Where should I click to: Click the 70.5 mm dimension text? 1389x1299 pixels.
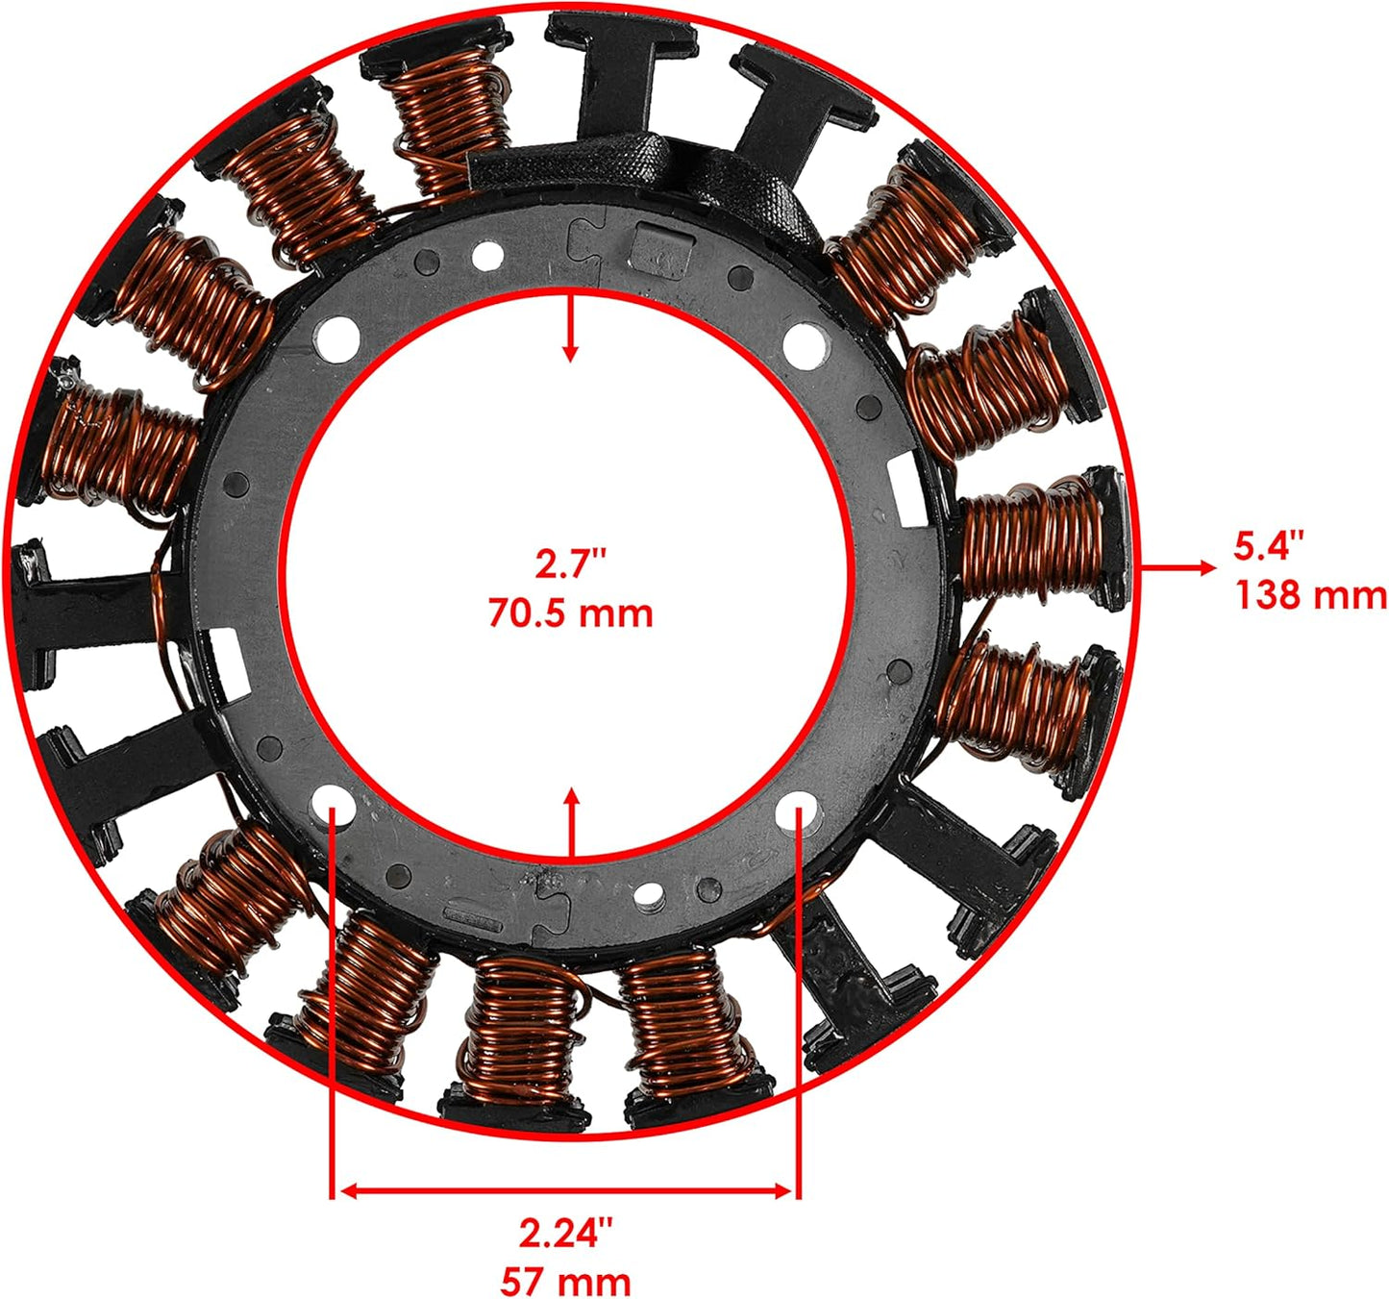[x=570, y=612]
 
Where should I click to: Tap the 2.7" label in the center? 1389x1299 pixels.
[x=571, y=563]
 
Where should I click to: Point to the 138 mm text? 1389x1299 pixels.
[x=1309, y=595]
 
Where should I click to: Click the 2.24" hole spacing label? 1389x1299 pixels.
[x=565, y=1233]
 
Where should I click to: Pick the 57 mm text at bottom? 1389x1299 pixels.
[x=565, y=1282]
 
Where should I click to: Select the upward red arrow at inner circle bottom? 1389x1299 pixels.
[x=571, y=823]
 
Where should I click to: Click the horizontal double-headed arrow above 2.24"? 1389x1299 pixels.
[x=565, y=1191]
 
